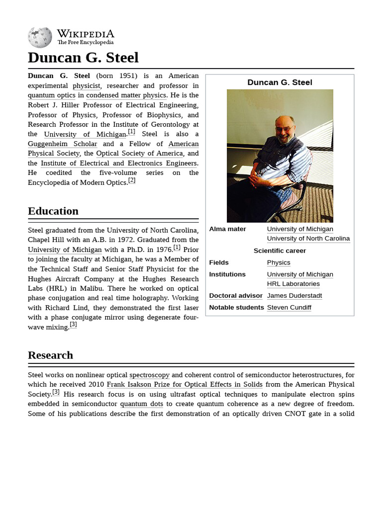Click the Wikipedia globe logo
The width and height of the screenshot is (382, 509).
click(40, 38)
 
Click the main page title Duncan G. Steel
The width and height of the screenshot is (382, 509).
click(83, 58)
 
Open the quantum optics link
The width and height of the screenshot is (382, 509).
click(52, 95)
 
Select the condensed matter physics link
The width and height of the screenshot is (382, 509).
click(126, 95)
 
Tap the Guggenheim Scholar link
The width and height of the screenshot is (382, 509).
click(62, 144)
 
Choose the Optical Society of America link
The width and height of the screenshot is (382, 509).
click(139, 153)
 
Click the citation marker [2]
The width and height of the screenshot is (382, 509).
click(132, 180)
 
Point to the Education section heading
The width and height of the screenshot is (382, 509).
click(53, 211)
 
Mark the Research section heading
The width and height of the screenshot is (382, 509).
click(50, 355)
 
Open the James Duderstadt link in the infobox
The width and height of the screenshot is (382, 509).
click(294, 296)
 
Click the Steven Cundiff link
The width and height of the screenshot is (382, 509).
click(288, 308)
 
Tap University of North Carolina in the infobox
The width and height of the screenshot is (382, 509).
click(308, 239)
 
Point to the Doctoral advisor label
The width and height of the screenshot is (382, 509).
click(235, 296)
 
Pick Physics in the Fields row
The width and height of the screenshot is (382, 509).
click(278, 262)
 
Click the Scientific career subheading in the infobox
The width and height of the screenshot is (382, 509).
click(280, 251)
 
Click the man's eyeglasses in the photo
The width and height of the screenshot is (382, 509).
click(284, 129)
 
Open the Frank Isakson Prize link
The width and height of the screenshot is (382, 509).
click(185, 384)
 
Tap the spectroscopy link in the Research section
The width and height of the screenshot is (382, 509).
click(149, 375)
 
